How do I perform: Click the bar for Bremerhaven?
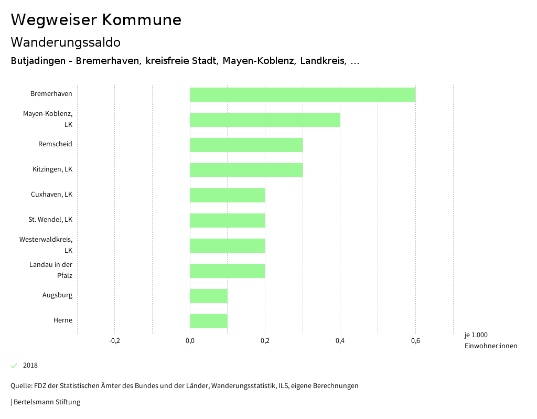point(302,94)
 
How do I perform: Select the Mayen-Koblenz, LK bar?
point(265,120)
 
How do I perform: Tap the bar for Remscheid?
point(246,145)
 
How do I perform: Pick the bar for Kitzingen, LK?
point(246,170)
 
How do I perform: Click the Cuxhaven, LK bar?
point(227,195)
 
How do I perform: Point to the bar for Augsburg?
point(208,296)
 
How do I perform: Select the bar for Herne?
point(208,321)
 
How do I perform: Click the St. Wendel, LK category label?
point(50,219)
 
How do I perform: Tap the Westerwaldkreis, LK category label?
point(46,245)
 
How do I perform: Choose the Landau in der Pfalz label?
point(51,270)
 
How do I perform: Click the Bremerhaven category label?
point(51,94)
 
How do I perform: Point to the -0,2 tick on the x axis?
point(114,341)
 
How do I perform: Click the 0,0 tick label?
point(190,341)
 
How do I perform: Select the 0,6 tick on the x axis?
point(415,341)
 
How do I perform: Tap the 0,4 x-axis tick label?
point(340,341)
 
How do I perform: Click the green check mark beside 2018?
point(14,366)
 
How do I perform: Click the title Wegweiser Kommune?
point(96,20)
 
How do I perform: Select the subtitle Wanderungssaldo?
point(66,42)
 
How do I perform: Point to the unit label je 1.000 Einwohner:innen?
point(490,340)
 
